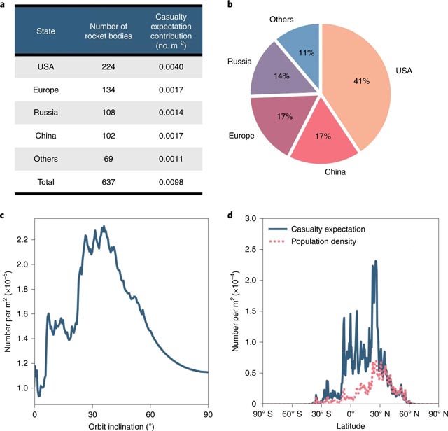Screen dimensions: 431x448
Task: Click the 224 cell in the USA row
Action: tap(104, 68)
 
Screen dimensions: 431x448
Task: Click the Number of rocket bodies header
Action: tap(104, 31)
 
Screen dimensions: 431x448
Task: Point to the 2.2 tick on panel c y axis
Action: tap(22, 239)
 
